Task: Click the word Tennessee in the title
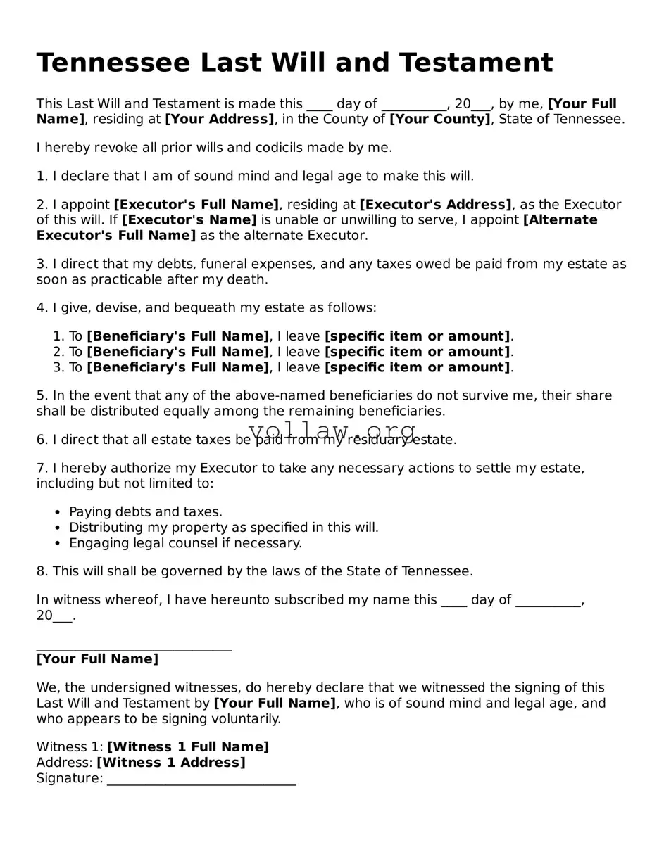(113, 63)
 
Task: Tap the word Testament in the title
(476, 63)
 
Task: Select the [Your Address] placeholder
(219, 120)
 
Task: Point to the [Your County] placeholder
(440, 120)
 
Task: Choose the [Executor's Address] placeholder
(435, 205)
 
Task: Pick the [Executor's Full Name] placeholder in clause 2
(196, 205)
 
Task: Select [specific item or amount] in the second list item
(417, 352)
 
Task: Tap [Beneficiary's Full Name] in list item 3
(177, 367)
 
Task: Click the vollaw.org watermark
(332, 430)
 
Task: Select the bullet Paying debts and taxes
(145, 512)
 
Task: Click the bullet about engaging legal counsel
(185, 543)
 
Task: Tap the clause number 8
(41, 571)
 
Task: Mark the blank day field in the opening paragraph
(319, 105)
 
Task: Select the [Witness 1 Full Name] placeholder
(187, 747)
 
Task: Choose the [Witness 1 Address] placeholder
(171, 763)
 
